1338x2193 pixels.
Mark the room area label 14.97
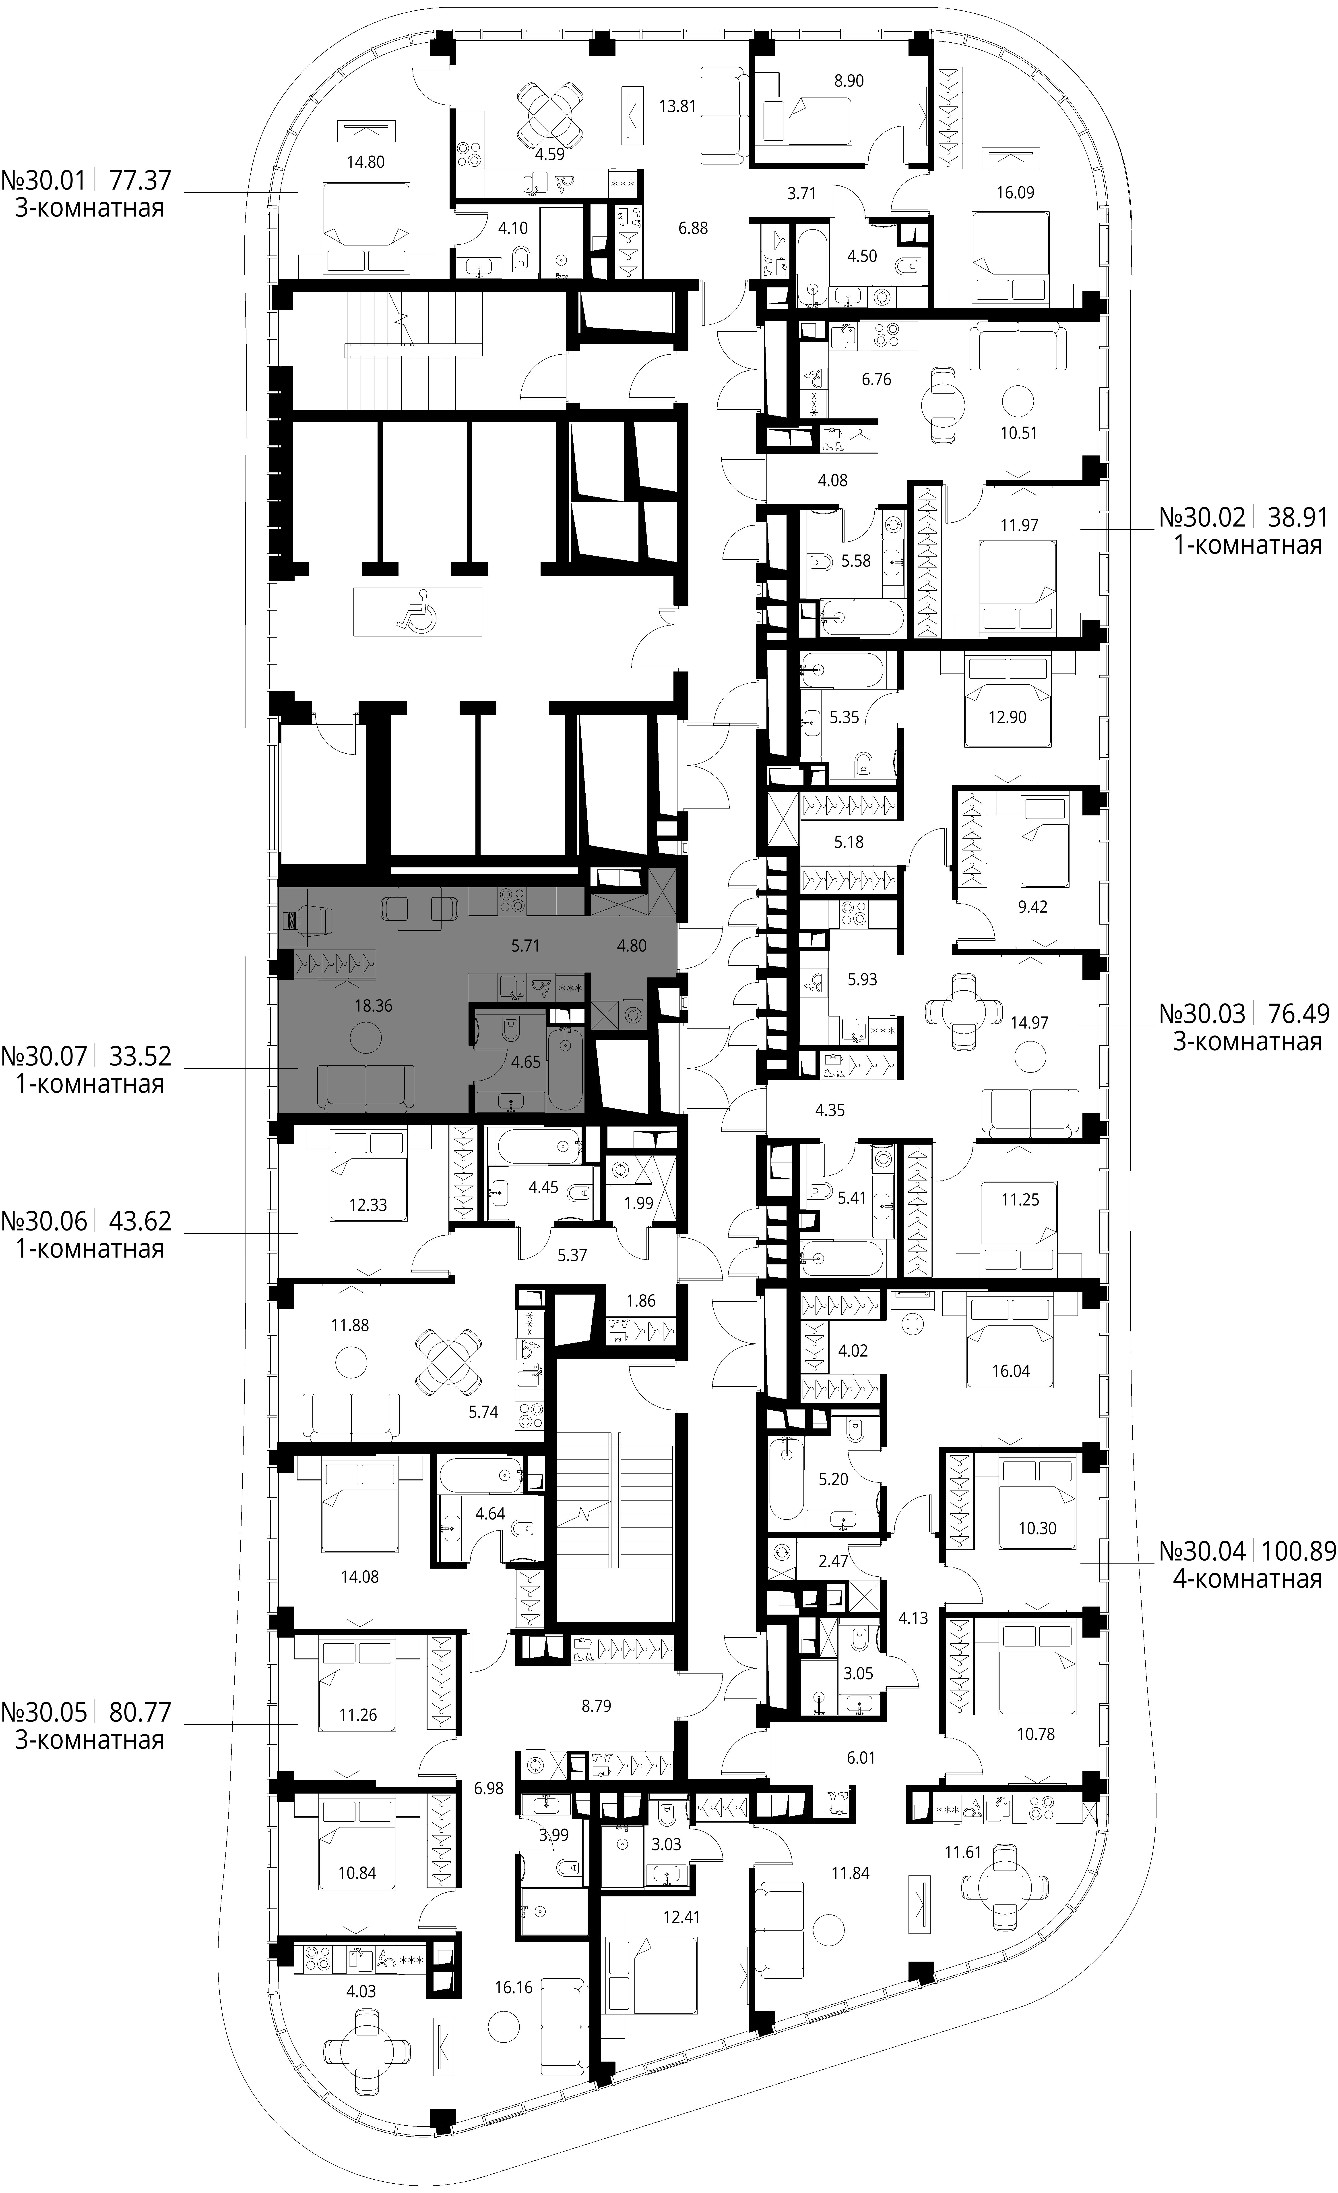click(x=1029, y=1023)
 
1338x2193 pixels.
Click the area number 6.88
click(x=693, y=228)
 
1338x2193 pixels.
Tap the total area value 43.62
click(x=140, y=1220)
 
